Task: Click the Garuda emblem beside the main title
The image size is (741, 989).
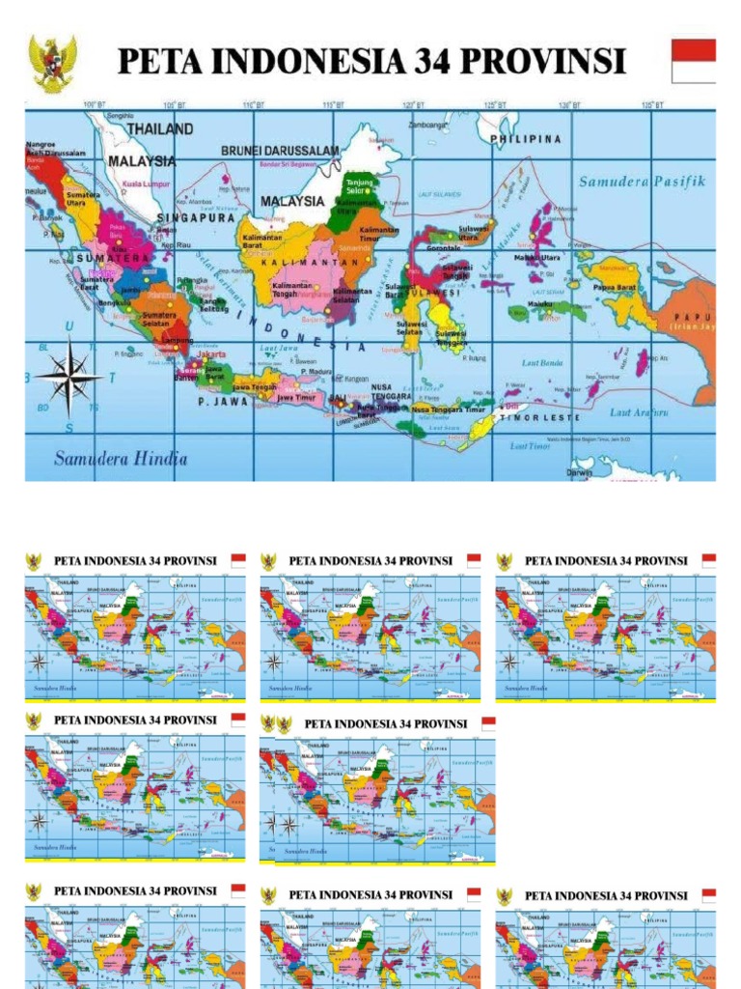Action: click(x=52, y=63)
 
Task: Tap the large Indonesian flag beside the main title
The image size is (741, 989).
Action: click(x=693, y=61)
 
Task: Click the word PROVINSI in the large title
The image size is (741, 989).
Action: click(x=547, y=62)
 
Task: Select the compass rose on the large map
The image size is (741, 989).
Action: click(x=68, y=378)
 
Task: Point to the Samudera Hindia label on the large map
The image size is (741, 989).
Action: click(x=121, y=458)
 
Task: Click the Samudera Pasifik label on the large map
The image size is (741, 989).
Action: click(x=643, y=181)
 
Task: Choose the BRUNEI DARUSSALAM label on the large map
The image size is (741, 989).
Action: click(x=280, y=151)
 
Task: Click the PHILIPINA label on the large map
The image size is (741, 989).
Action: click(x=526, y=139)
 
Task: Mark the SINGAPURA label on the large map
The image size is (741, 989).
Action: click(x=196, y=218)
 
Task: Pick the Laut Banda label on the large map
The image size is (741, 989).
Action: click(x=542, y=363)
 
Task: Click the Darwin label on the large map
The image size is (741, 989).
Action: click(x=580, y=473)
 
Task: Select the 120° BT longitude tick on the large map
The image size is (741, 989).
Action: click(x=410, y=104)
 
